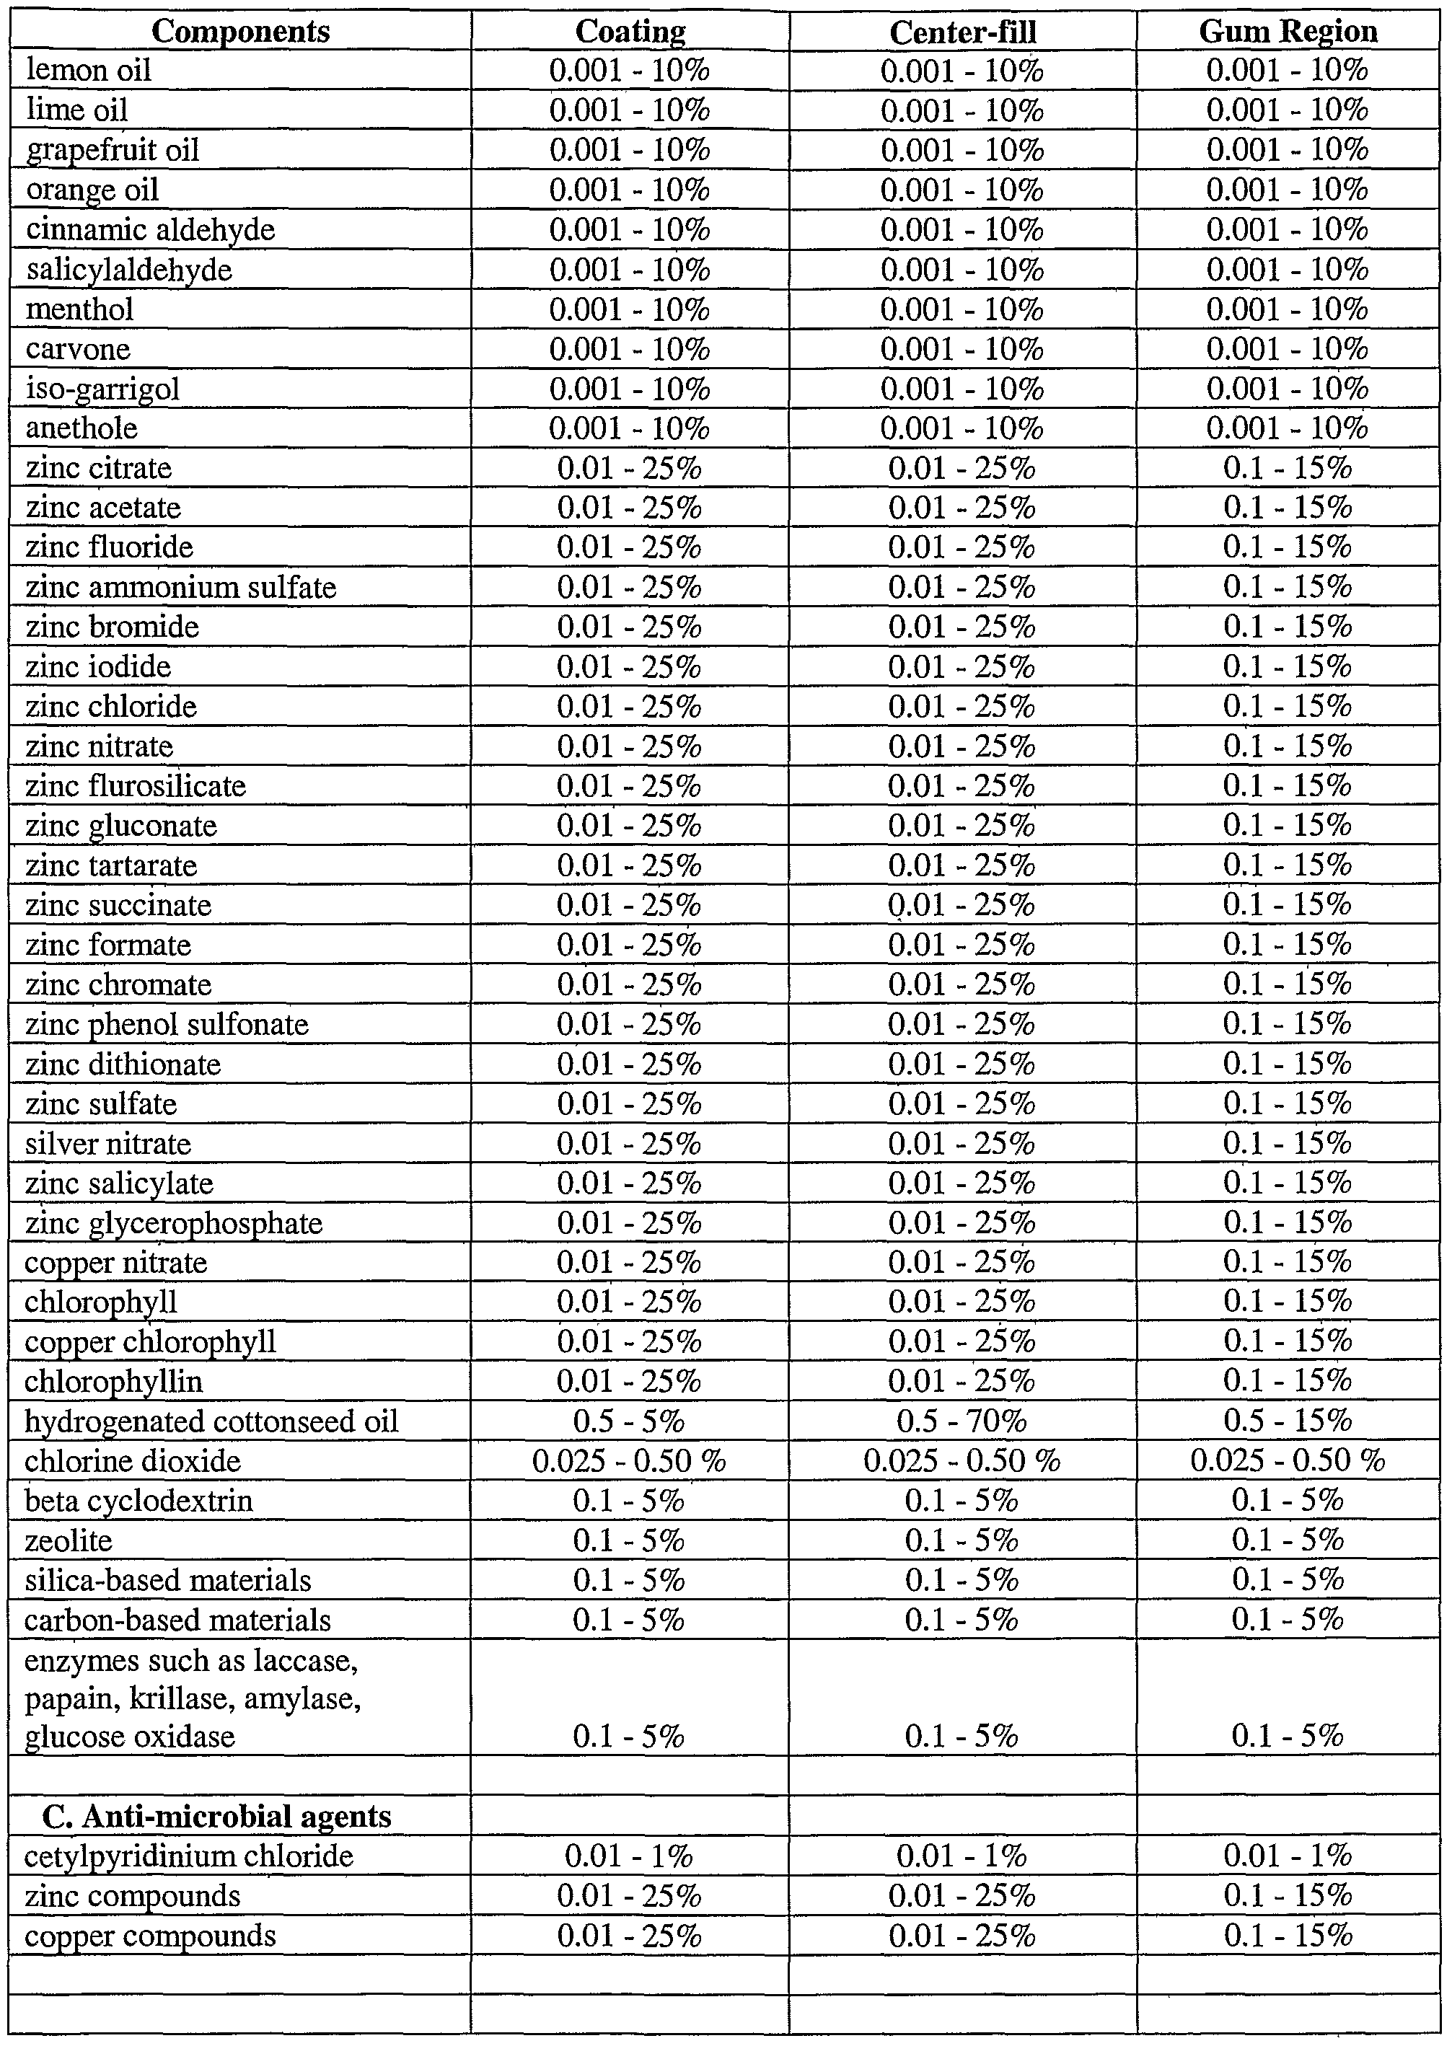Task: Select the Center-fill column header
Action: pos(962,33)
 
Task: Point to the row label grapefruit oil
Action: pos(112,150)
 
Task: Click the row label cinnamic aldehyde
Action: pos(150,230)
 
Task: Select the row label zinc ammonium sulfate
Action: pos(180,587)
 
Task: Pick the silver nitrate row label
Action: pos(107,1144)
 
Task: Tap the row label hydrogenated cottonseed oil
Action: pos(211,1422)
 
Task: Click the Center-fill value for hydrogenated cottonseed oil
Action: pos(962,1422)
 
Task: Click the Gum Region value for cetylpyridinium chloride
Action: pos(1288,1856)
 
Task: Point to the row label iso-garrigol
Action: pos(103,389)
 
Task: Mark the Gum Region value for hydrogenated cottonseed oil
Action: pos(1288,1422)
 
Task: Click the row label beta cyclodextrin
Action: pos(138,1501)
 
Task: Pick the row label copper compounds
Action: pos(150,1936)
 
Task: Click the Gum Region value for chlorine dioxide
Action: pos(1288,1461)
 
